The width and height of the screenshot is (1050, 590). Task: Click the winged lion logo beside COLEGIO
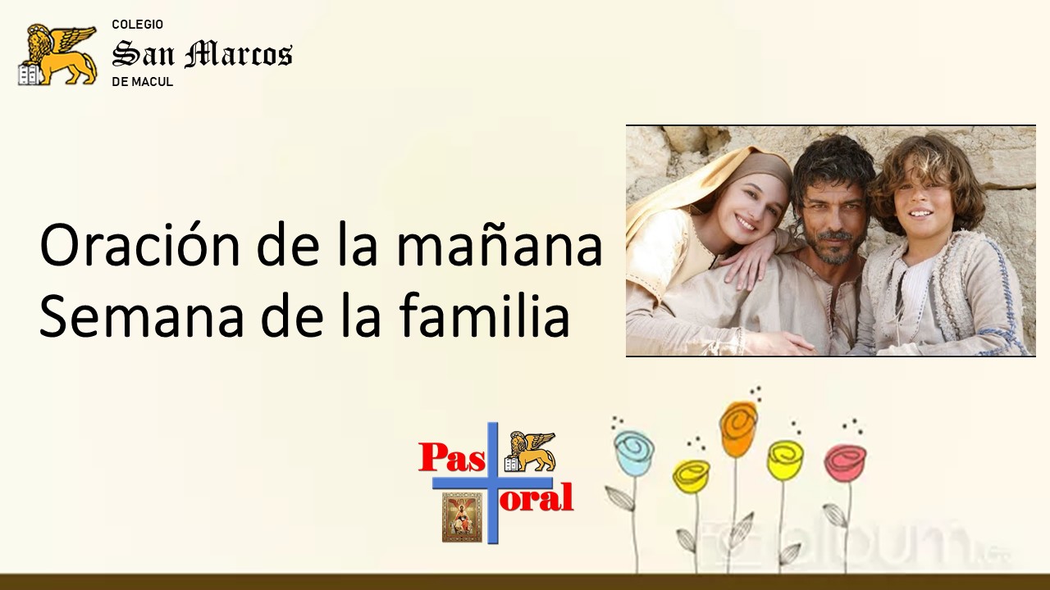(x=57, y=55)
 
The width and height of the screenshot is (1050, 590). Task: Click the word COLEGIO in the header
(x=137, y=25)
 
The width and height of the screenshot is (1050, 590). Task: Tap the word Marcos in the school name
(x=238, y=54)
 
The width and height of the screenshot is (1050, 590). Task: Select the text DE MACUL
(x=143, y=82)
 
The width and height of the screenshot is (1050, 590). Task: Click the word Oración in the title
(x=139, y=244)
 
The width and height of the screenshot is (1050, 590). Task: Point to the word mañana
(x=500, y=245)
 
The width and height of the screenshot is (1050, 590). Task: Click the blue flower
(x=634, y=451)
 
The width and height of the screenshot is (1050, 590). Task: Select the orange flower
(x=739, y=429)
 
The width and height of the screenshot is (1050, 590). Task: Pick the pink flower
(x=845, y=461)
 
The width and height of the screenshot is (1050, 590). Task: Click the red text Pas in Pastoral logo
(x=451, y=457)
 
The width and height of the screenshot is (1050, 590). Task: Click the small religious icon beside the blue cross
(x=462, y=517)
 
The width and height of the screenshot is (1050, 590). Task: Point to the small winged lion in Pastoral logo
(x=530, y=452)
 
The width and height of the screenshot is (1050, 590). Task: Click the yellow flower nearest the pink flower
(x=785, y=460)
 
